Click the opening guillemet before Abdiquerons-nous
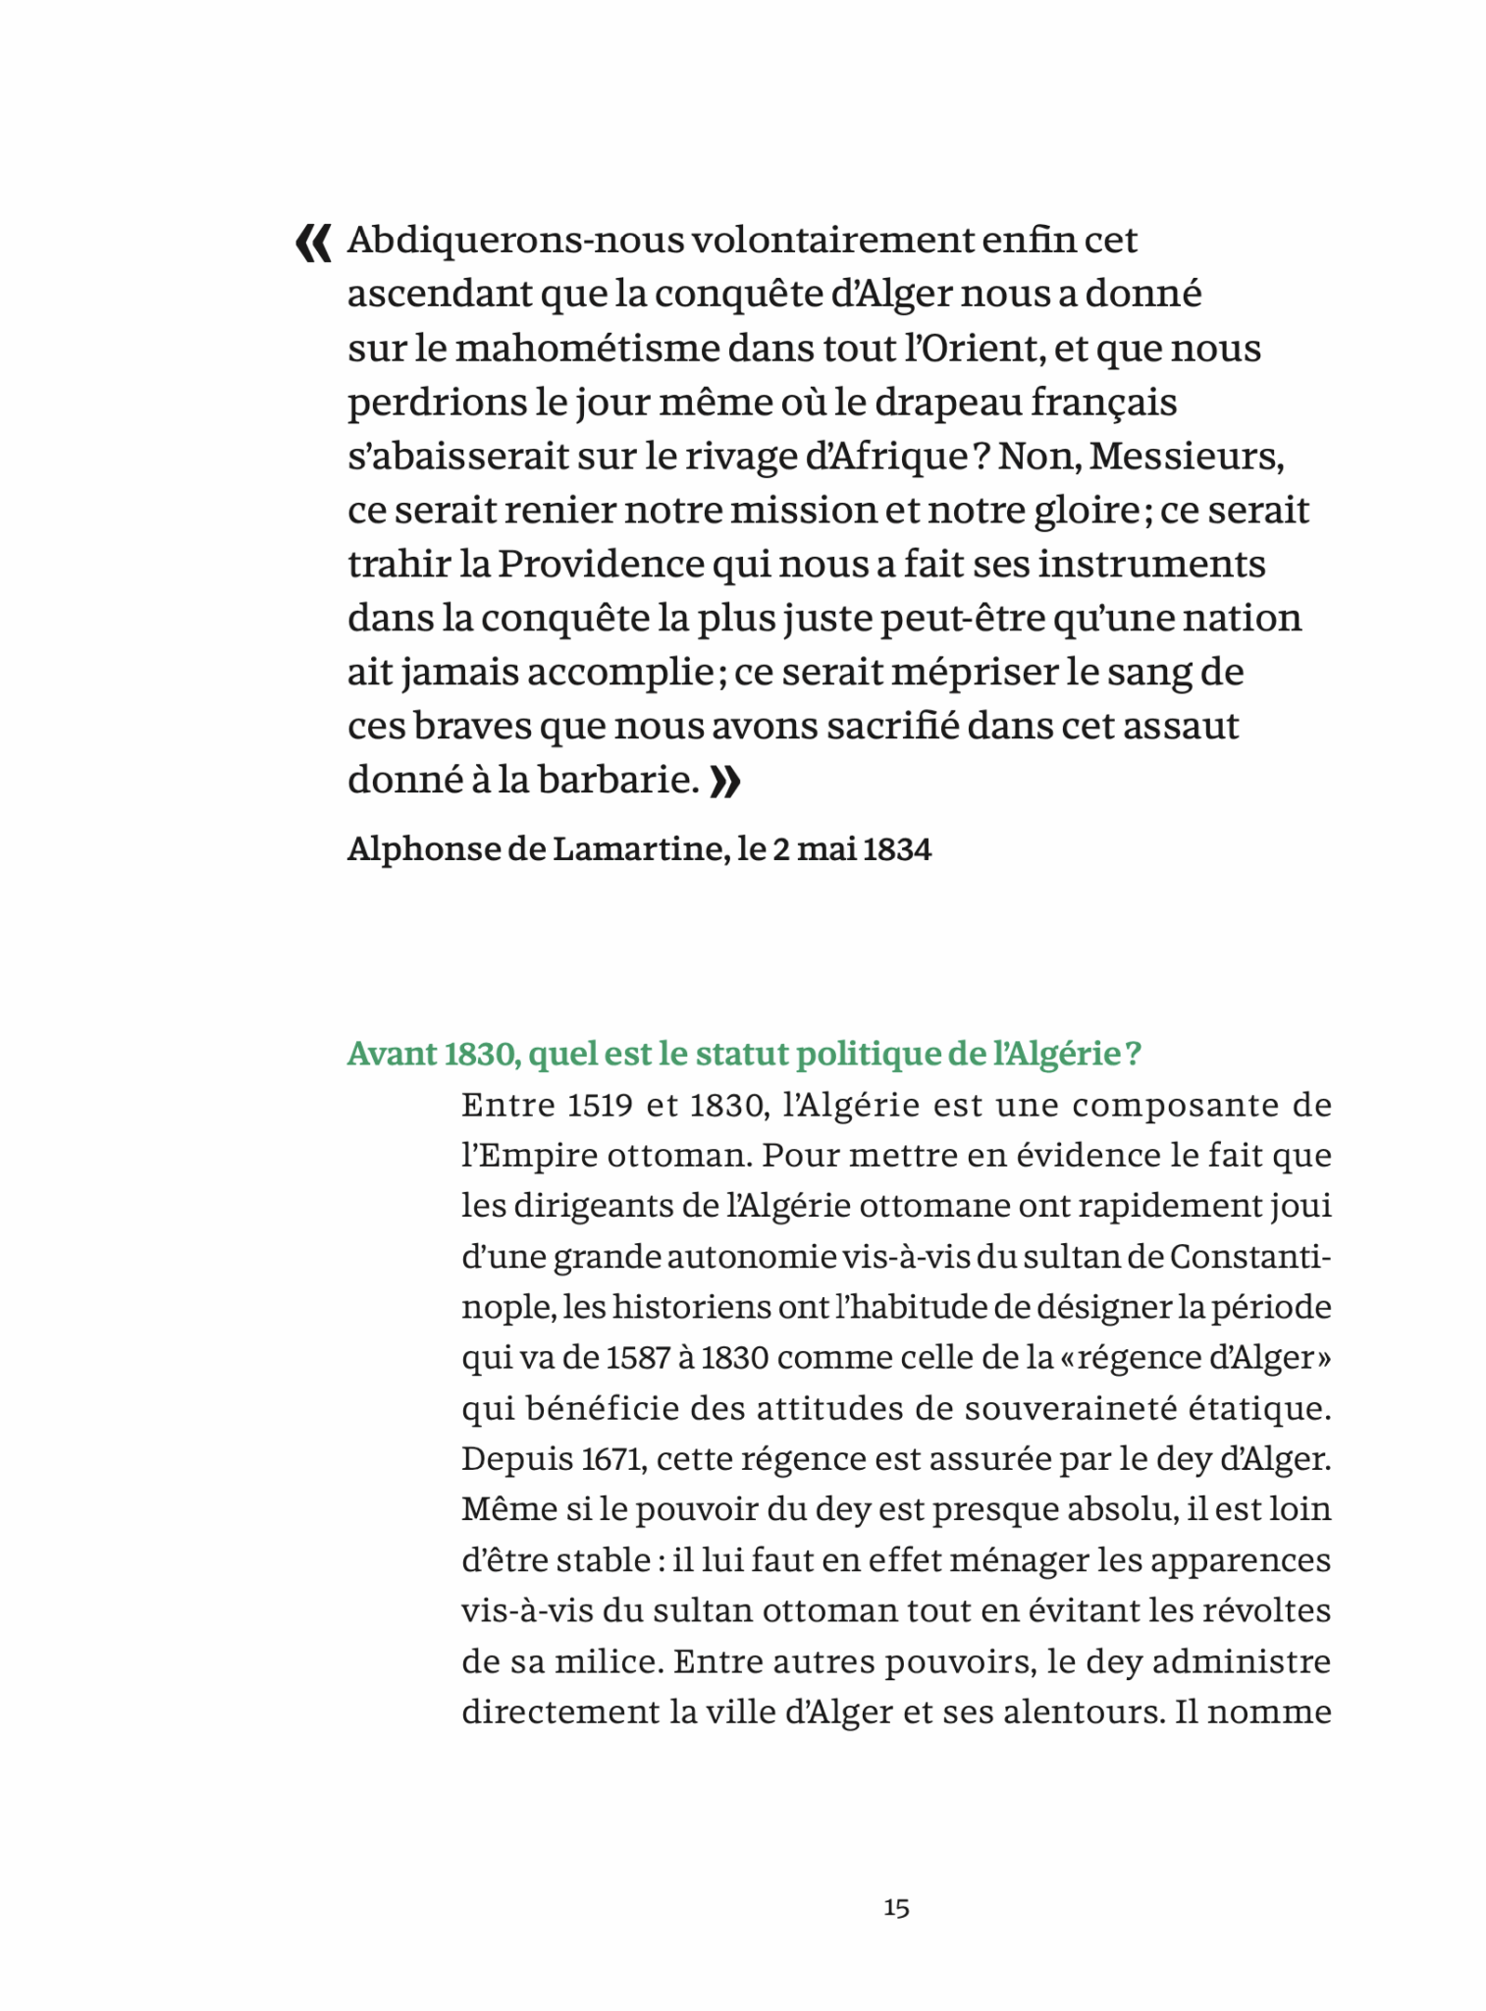click(x=313, y=243)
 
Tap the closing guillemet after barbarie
click(x=724, y=783)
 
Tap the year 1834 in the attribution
click(x=897, y=849)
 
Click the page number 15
click(x=896, y=1908)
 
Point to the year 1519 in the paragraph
click(x=600, y=1106)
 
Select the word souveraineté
click(x=1069, y=1409)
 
